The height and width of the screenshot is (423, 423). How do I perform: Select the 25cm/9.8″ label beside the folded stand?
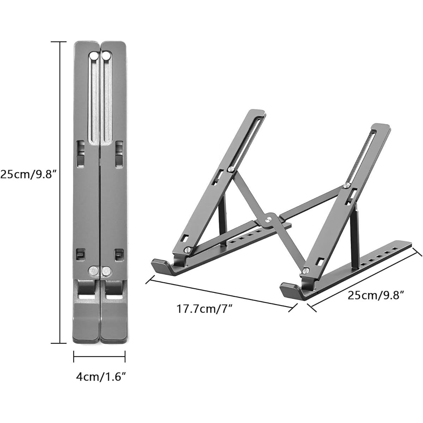[x=29, y=175]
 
